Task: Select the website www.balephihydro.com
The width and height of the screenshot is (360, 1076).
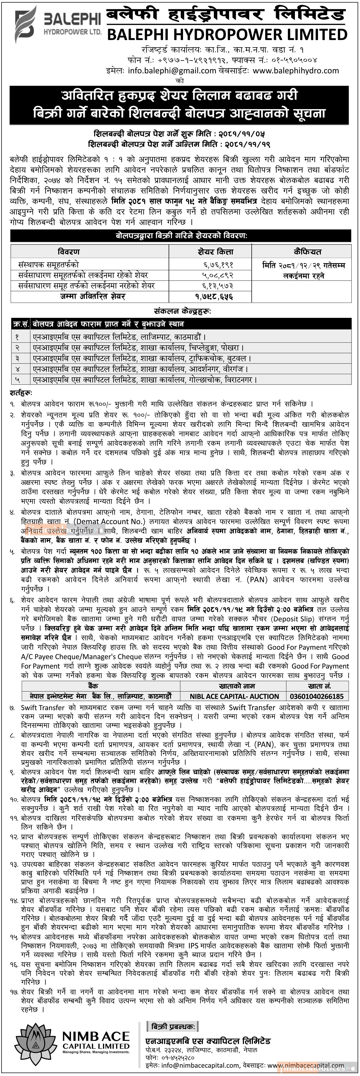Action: click(x=296, y=71)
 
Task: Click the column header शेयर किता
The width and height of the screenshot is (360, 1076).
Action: click(x=215, y=251)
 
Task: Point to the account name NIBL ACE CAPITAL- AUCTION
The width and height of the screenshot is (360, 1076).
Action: click(x=234, y=696)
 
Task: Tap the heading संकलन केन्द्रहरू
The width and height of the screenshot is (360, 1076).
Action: click(x=182, y=311)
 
